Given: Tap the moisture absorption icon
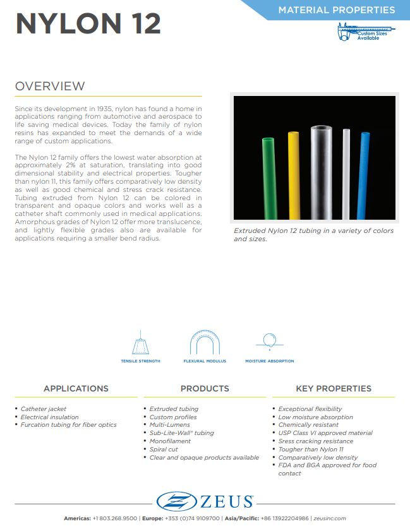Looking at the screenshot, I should pyautogui.click(x=269, y=342).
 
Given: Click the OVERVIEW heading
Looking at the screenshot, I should pyautogui.click(x=50, y=87).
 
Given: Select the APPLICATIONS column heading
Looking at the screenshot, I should pyautogui.click(x=76, y=388).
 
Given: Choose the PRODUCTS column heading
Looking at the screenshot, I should pyautogui.click(x=205, y=388).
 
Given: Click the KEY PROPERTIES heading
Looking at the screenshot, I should pyautogui.click(x=334, y=388).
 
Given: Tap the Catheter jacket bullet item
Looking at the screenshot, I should pyautogui.click(x=44, y=409).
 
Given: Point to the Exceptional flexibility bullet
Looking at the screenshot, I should pyautogui.click(x=310, y=409).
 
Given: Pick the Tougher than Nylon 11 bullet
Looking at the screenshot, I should pyautogui.click(x=311, y=450).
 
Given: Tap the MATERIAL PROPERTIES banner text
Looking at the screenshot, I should pyautogui.click(x=337, y=10).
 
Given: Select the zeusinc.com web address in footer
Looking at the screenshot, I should pyautogui.click(x=330, y=518).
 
